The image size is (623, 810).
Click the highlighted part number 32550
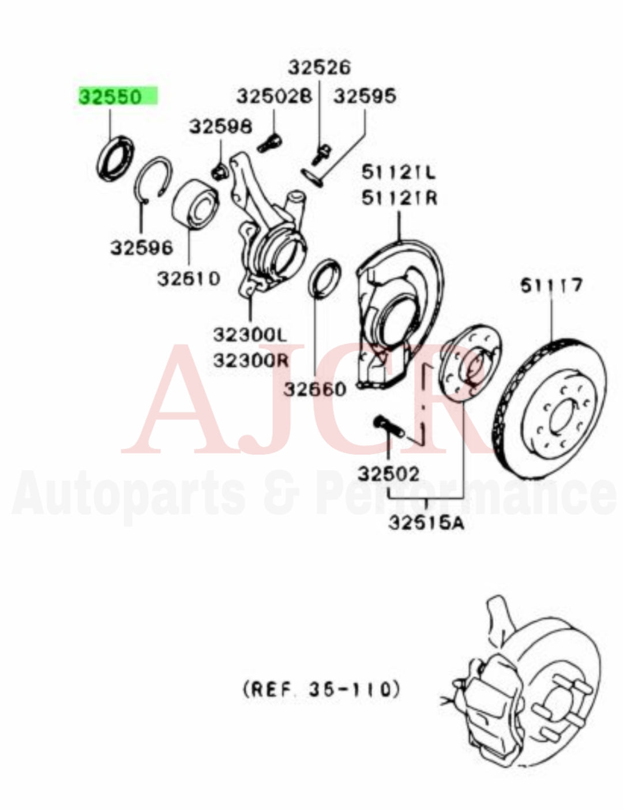point(110,96)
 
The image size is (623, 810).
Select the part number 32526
point(320,67)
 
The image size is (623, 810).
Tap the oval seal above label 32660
point(325,280)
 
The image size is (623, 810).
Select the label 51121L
point(399,172)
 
